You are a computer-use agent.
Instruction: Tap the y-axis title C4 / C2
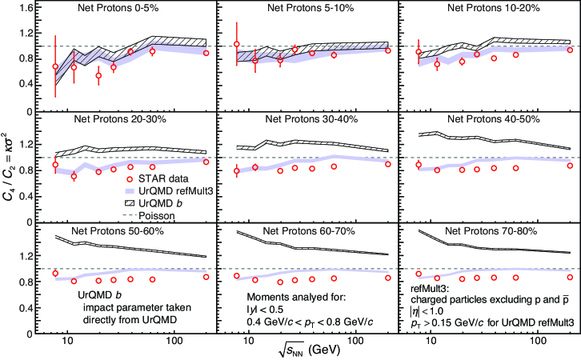click(x=11, y=174)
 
